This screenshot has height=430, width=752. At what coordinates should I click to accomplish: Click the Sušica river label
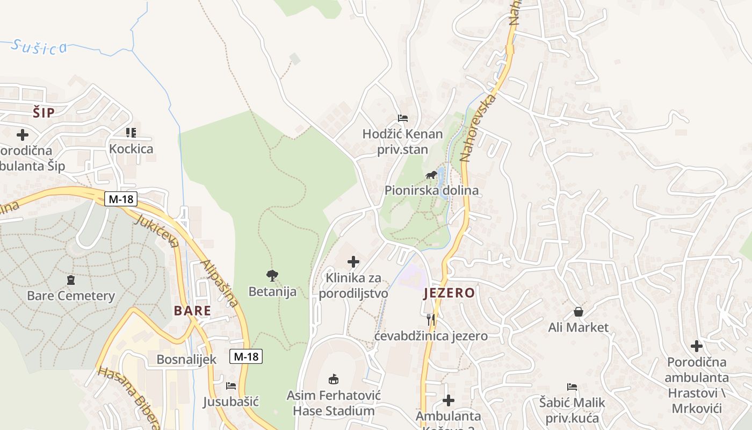point(39,47)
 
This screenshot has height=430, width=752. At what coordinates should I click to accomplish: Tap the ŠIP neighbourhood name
point(44,113)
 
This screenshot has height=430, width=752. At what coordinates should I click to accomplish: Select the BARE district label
point(192,311)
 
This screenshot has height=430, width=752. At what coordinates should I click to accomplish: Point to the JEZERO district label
point(449,293)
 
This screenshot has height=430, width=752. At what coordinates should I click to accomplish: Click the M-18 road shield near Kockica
point(121,199)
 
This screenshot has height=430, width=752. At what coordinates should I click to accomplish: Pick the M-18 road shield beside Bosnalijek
point(246,356)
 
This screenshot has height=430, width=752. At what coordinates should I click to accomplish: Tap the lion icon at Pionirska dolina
point(431,175)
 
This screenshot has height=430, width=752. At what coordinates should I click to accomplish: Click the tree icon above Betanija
point(272,276)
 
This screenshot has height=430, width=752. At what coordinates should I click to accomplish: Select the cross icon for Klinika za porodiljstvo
point(353,262)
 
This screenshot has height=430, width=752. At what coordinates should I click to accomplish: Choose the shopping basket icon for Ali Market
point(579,312)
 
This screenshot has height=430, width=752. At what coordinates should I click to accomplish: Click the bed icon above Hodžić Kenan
point(403,118)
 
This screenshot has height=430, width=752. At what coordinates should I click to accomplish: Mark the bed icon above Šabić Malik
point(572,387)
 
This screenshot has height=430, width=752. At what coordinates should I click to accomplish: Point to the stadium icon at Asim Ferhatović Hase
point(334,379)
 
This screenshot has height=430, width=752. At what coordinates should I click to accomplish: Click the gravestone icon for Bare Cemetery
point(71,280)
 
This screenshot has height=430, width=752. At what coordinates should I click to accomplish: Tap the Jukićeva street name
point(157,232)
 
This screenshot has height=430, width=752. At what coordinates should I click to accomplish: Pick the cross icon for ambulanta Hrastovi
point(697,346)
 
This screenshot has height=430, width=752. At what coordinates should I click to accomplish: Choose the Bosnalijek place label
point(186,360)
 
